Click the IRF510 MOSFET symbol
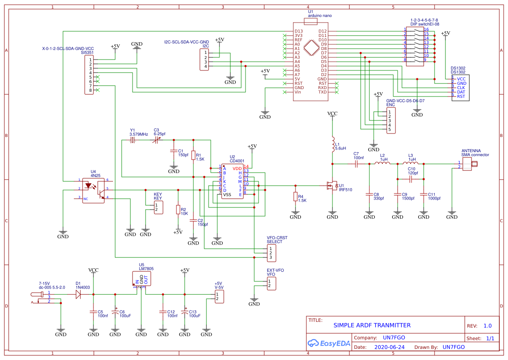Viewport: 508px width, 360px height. (332, 186)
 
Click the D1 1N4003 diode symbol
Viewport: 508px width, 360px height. (78, 294)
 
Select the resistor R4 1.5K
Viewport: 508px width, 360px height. (296, 197)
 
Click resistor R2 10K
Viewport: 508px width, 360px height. (178, 210)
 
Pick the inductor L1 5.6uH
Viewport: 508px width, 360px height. (332, 145)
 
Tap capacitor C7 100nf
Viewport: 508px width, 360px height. (356, 164)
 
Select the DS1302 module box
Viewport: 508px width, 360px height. (462, 87)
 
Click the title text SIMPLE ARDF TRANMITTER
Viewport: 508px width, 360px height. (372, 325)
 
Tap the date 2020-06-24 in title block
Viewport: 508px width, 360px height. (389, 347)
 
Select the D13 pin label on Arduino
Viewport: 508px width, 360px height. (299, 31)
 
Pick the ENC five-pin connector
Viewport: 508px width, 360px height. (390, 121)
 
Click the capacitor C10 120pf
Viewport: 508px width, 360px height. (411, 179)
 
